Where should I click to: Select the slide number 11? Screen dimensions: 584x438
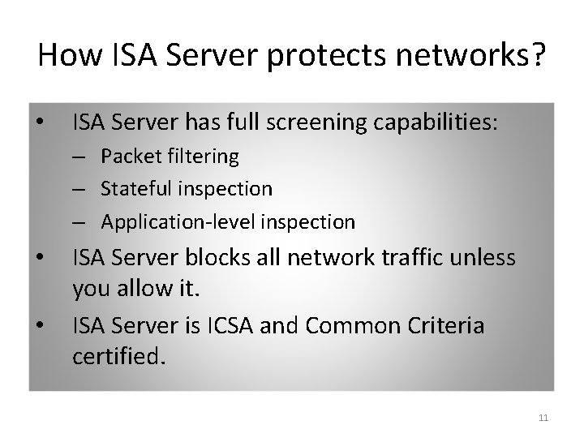point(543,418)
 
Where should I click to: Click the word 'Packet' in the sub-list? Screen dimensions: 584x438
point(127,157)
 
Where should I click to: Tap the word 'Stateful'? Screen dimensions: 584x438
point(132,189)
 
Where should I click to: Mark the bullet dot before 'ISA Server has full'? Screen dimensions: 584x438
point(40,124)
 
